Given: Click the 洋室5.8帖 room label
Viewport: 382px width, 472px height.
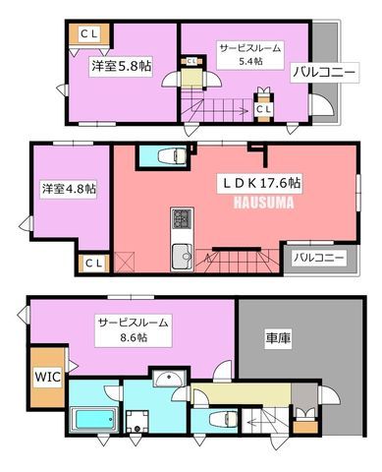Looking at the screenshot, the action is click(x=121, y=67).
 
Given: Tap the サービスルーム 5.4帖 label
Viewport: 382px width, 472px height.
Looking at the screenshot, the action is click(x=250, y=54).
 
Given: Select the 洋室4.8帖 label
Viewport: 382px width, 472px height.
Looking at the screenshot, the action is click(x=69, y=189).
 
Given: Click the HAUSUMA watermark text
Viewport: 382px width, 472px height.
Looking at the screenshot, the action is click(x=263, y=203).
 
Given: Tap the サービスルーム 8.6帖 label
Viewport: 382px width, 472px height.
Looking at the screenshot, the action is click(x=134, y=330).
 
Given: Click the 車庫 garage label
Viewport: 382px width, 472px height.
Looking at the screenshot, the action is click(x=278, y=337).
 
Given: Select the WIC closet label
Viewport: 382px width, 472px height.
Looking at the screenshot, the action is click(x=48, y=377).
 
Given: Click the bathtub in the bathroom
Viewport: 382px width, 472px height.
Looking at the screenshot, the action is click(x=93, y=418).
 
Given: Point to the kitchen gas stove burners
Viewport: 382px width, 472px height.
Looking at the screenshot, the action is click(x=182, y=217).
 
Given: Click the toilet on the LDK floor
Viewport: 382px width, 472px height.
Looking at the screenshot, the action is click(x=172, y=155).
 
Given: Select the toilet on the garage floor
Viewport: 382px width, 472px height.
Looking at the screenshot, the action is click(x=222, y=420).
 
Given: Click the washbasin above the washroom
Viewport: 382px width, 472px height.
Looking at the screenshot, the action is click(x=170, y=380).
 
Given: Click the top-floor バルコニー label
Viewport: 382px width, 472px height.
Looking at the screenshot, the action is click(x=324, y=73).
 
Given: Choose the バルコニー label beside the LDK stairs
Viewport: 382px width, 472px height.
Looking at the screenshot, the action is click(x=318, y=258).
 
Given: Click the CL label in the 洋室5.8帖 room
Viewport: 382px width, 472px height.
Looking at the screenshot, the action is click(x=89, y=33).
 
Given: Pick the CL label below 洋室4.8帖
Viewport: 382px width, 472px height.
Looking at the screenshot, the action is click(x=94, y=264).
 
